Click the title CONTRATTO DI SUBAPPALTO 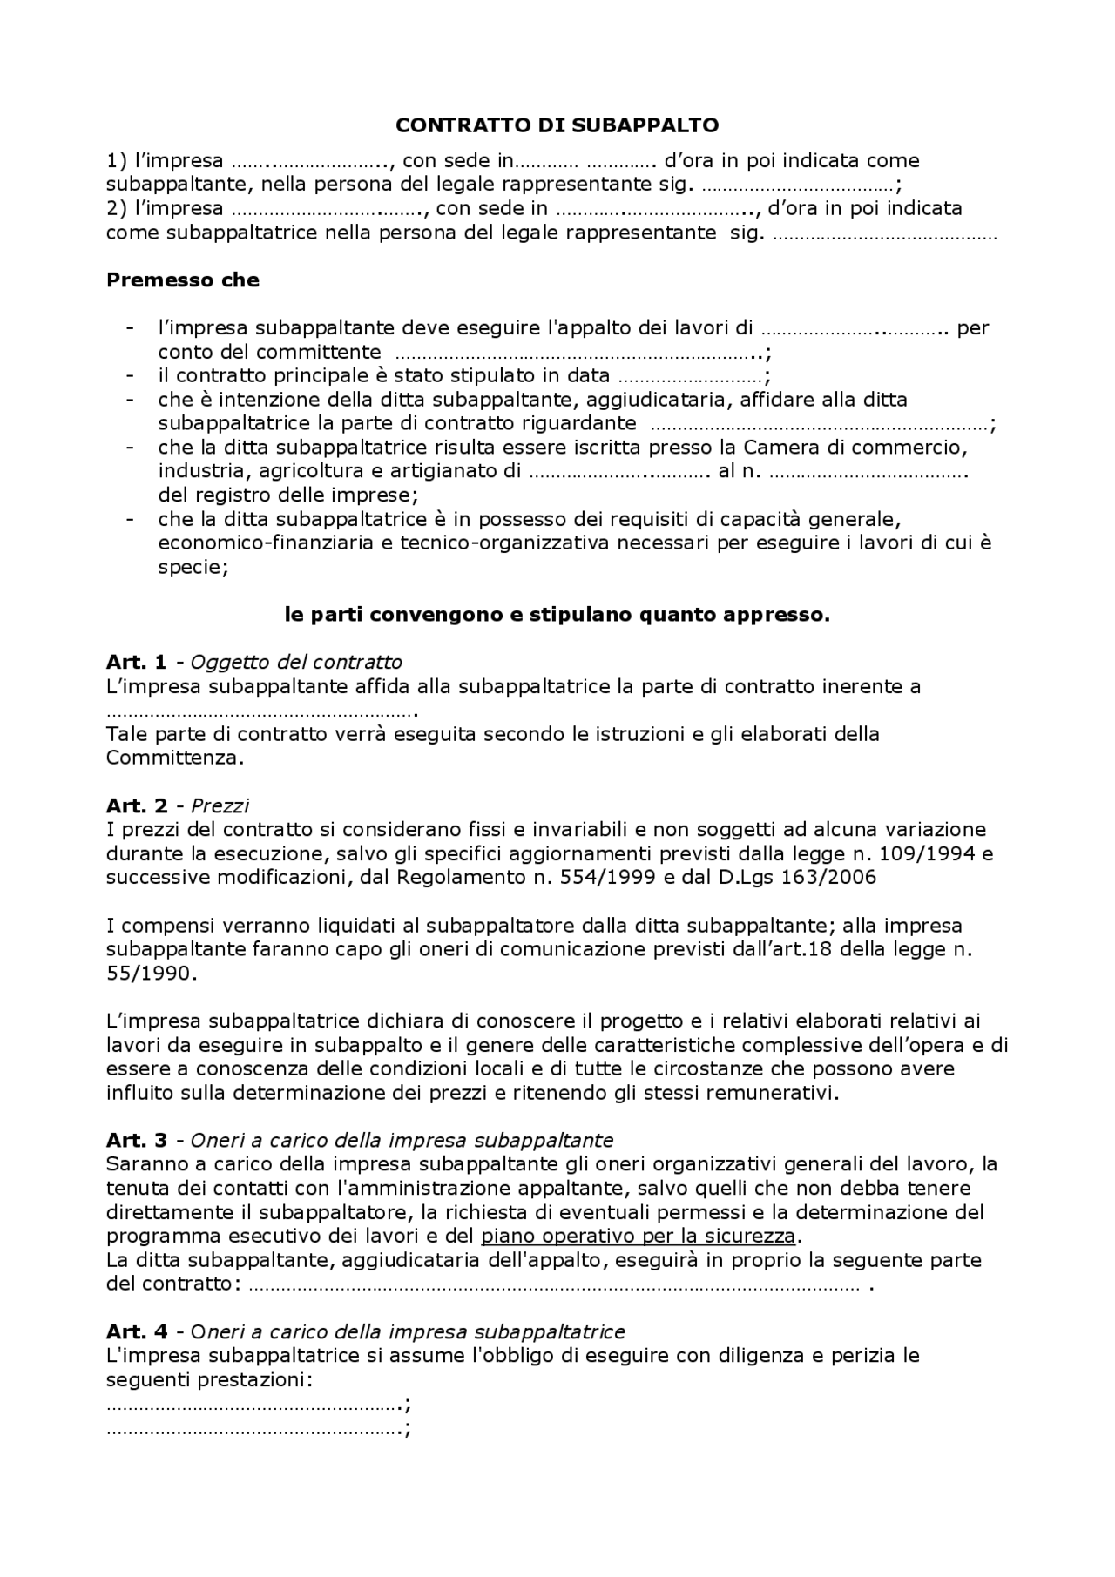(557, 125)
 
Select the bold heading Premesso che (182, 280)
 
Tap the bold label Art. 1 (136, 662)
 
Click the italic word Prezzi (220, 805)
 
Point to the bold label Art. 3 (136, 1140)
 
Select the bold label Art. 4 (136, 1331)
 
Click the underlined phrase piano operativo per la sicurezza (638, 1236)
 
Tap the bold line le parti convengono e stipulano (557, 615)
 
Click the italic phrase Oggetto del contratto (296, 662)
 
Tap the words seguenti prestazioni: (209, 1379)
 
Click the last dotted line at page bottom (257, 1429)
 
